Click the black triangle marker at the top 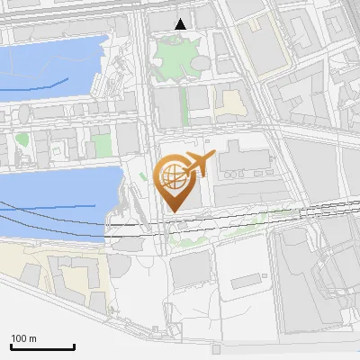(x=180, y=24)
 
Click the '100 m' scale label (x=23, y=338)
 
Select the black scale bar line (x=42, y=346)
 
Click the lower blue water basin (x=49, y=193)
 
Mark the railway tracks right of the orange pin (x=270, y=216)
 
